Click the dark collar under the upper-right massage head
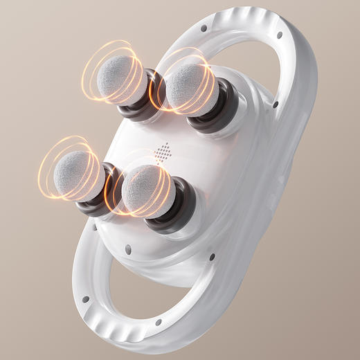[219, 111]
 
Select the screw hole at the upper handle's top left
[204, 28]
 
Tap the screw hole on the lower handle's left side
[86, 299]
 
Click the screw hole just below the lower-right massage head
[128, 249]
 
